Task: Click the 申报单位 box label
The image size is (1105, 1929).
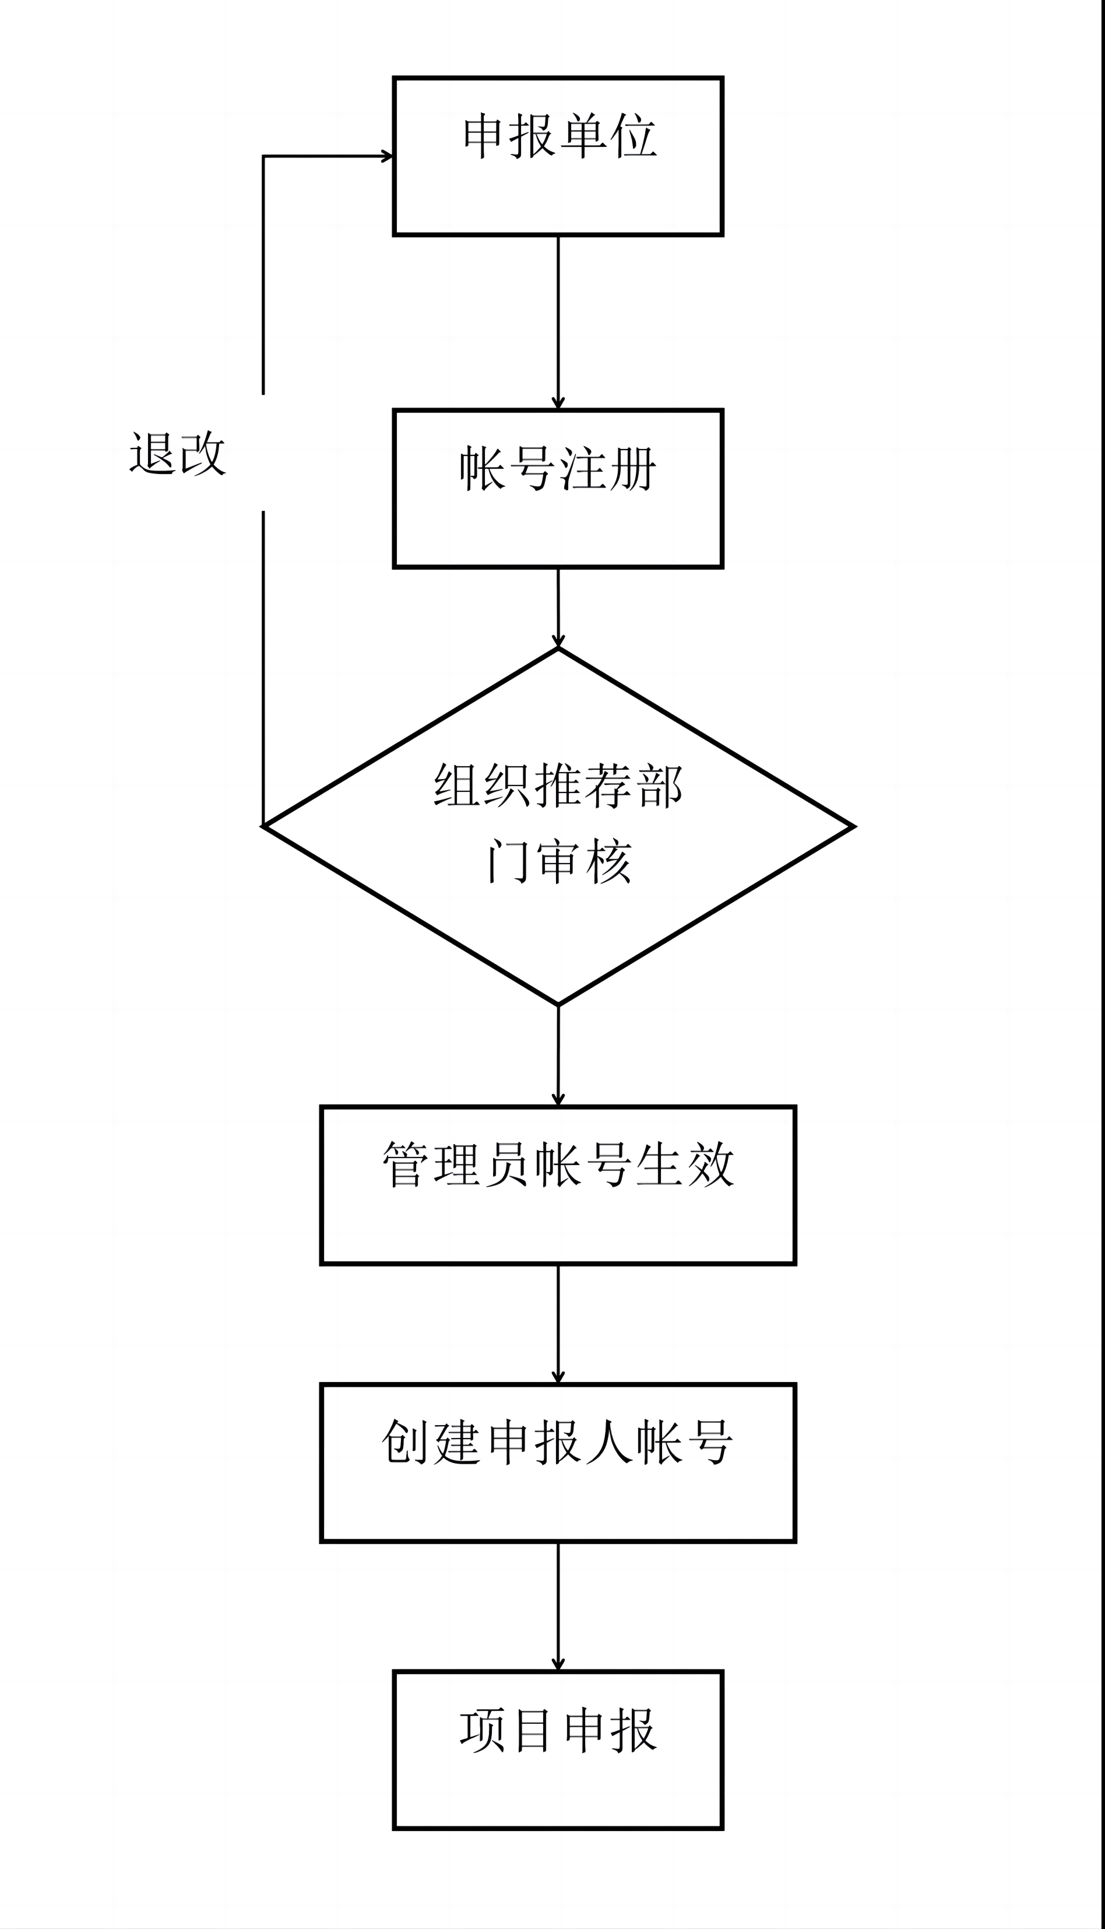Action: tap(559, 136)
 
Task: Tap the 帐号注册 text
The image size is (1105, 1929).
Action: tap(558, 468)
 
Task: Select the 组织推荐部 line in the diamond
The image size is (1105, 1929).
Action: tap(558, 785)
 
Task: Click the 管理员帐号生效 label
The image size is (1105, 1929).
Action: tap(558, 1164)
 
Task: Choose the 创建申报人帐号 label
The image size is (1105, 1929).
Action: tap(558, 1442)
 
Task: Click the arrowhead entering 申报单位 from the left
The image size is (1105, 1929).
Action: tap(387, 156)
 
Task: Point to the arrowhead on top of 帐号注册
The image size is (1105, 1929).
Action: tap(558, 402)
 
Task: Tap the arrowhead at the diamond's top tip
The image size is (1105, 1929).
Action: tap(558, 641)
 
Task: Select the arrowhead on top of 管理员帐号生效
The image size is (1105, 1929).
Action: tap(558, 1099)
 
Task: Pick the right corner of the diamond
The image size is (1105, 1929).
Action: tap(854, 826)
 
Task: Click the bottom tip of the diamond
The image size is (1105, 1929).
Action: tap(558, 1004)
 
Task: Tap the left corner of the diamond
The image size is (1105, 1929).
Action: tap(263, 826)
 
